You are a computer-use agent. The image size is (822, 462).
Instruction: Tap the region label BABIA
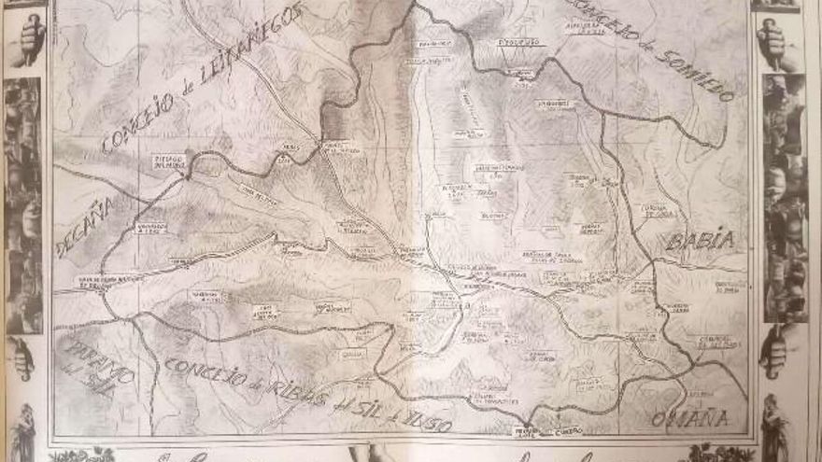(x=700, y=241)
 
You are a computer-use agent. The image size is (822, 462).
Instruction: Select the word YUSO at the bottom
(x=424, y=422)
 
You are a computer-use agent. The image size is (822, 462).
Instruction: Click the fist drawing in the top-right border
(x=773, y=42)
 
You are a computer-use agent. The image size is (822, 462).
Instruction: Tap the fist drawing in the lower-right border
(x=774, y=350)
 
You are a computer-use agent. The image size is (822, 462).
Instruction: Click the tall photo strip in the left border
(x=23, y=205)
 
